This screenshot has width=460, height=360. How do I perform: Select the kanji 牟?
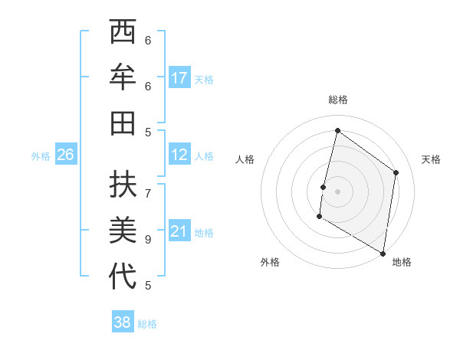coord(123,77)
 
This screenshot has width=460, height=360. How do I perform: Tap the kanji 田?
coord(123,123)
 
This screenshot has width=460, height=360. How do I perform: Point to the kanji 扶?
coord(123,184)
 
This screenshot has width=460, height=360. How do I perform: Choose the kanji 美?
coord(123,229)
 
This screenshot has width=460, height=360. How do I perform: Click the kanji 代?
coord(123,276)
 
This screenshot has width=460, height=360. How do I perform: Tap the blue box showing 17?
coord(179,77)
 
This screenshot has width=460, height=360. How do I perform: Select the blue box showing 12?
coord(179,155)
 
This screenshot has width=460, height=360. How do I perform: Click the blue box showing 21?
coord(179,232)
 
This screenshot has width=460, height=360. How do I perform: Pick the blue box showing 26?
coord(66,155)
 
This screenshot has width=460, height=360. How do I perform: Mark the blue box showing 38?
coord(123,322)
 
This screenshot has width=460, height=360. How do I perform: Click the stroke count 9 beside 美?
coord(148,239)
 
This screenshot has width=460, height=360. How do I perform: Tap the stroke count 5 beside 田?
coord(148,132)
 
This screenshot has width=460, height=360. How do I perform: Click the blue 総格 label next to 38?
coord(147,324)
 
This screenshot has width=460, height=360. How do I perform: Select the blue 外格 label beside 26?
coord(41,156)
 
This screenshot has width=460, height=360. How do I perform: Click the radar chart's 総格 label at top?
coord(337,100)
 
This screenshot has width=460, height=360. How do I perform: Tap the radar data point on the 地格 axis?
coord(383,253)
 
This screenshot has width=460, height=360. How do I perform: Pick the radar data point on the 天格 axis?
coord(396,172)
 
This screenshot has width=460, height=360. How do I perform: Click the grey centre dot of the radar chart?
coord(337,191)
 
